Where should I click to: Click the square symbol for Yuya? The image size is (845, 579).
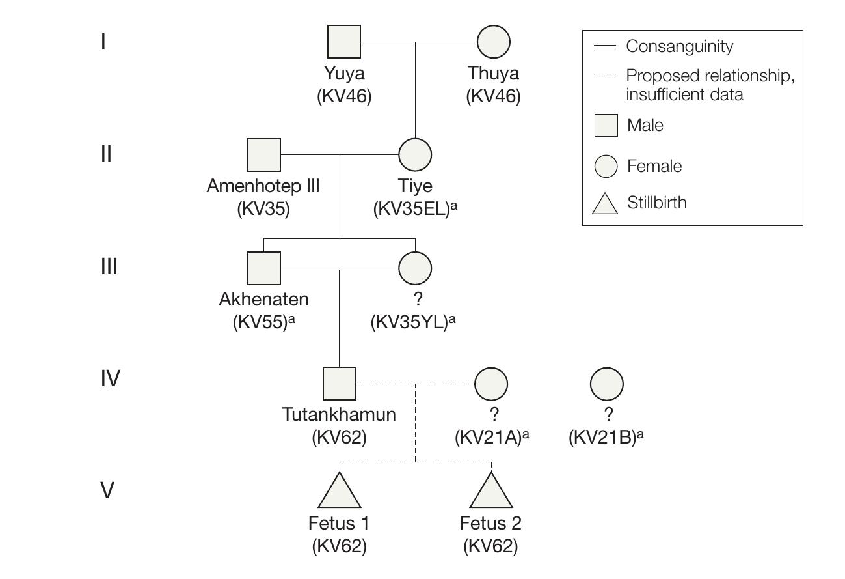click(343, 42)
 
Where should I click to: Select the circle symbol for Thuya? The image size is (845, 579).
click(493, 42)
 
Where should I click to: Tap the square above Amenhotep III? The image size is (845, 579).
click(264, 155)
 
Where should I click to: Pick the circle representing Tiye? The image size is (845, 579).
click(415, 155)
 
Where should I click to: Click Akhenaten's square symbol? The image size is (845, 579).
click(264, 268)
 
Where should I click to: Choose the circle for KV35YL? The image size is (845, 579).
click(415, 268)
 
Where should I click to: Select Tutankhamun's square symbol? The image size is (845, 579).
click(340, 384)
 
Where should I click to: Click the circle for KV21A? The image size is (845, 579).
click(491, 384)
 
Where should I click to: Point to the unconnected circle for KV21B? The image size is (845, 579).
click(606, 384)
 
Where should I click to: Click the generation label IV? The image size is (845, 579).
click(110, 378)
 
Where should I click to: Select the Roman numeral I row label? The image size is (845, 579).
click(103, 42)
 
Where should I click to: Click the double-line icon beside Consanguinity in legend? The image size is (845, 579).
click(605, 47)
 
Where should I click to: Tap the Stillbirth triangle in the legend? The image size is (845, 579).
click(605, 205)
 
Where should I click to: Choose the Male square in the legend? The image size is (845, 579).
click(606, 125)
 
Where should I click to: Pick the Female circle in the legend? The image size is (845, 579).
click(606, 166)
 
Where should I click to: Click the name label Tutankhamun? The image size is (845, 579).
click(339, 414)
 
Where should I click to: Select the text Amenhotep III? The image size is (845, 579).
click(263, 186)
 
